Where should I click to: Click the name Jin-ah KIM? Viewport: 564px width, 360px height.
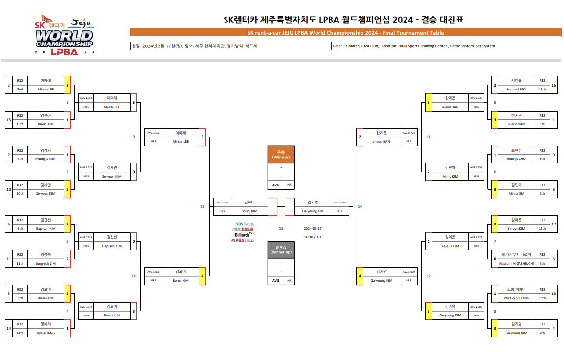pyautogui.click(x=45, y=124)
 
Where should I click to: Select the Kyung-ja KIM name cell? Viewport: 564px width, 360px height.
pyautogui.click(x=45, y=159)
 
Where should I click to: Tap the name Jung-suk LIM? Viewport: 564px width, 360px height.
pyautogui.click(x=45, y=263)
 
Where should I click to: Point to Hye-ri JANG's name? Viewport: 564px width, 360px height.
pyautogui.click(x=45, y=333)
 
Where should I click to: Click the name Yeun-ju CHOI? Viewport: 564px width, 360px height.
pyautogui.click(x=517, y=159)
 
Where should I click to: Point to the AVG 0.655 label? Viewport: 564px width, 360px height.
pyautogui.click(x=86, y=237)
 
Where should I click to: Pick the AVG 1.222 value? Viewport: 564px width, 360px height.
pyautogui.click(x=475, y=237)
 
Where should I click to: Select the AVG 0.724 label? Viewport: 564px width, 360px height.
pyautogui.click(x=408, y=133)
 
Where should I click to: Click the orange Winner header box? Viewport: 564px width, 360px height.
pyautogui.click(x=281, y=154)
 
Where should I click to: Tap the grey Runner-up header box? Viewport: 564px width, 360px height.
pyautogui.click(x=281, y=249)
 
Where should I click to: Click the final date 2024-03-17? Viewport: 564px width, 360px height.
pyautogui.click(x=313, y=228)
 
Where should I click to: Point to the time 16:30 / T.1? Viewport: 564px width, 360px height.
pyautogui.click(x=313, y=237)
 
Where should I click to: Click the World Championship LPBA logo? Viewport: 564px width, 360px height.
pyautogui.click(x=64, y=38)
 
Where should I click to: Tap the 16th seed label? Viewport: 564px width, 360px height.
pyautogui.click(x=542, y=90)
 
